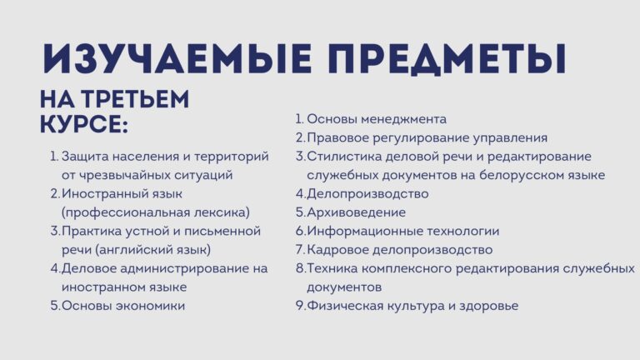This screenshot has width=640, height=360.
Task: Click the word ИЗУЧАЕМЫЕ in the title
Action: pos(177,59)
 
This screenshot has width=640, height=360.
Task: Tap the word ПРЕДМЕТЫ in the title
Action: pos(447,60)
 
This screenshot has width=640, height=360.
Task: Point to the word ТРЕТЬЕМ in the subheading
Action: pos(135,99)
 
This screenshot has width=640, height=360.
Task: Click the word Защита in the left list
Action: pos(85,157)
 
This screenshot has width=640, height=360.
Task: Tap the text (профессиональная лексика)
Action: pos(156,212)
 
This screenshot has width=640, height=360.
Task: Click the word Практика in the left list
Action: pos(92,232)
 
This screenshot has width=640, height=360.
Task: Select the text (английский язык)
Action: pos(152,250)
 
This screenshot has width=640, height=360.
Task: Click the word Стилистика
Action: pos(344,157)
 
